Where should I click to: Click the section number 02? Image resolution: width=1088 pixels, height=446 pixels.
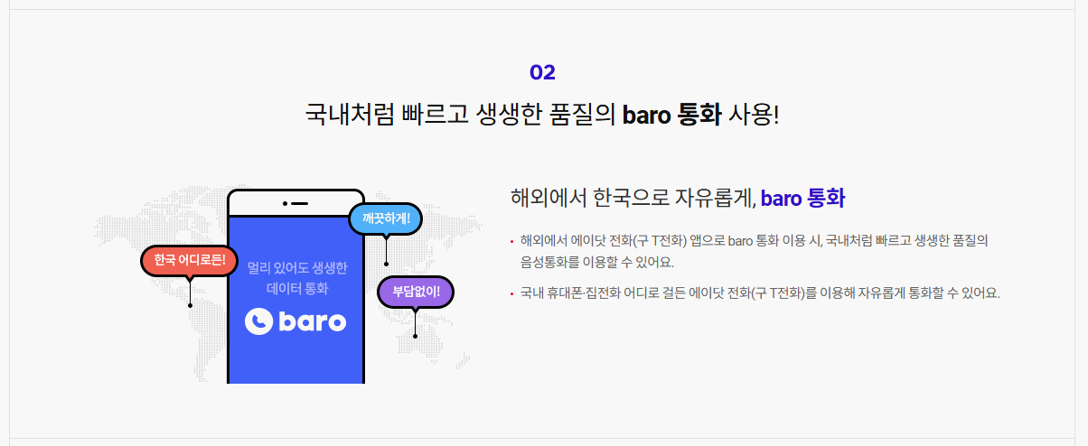pyautogui.click(x=542, y=72)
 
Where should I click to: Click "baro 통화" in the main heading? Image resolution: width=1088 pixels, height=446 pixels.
pyautogui.click(x=671, y=116)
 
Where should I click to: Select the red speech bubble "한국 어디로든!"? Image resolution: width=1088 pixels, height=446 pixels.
pyautogui.click(x=189, y=261)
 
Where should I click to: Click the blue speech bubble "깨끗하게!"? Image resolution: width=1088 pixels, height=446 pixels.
pyautogui.click(x=385, y=218)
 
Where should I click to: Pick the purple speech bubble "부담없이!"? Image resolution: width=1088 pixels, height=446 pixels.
pyautogui.click(x=415, y=292)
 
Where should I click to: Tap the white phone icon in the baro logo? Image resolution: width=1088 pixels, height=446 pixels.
pyautogui.click(x=258, y=321)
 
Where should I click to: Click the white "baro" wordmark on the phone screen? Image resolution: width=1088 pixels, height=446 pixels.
pyautogui.click(x=310, y=321)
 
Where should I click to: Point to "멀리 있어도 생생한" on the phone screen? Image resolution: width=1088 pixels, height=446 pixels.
pyautogui.click(x=296, y=268)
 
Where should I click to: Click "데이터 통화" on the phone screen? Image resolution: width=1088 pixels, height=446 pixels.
pyautogui.click(x=296, y=289)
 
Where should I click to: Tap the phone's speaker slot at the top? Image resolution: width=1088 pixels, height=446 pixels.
pyautogui.click(x=298, y=203)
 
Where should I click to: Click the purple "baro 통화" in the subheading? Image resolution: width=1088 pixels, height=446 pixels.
pyautogui.click(x=802, y=198)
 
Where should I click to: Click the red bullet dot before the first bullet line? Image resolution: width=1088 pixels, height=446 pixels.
pyautogui.click(x=511, y=241)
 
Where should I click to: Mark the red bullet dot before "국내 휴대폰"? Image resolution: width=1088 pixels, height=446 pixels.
pyautogui.click(x=511, y=293)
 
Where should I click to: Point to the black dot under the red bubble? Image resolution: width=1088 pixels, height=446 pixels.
pyautogui.click(x=190, y=305)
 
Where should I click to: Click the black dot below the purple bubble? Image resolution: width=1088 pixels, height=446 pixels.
pyautogui.click(x=415, y=336)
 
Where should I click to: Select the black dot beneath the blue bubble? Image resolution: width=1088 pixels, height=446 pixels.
pyautogui.click(x=386, y=264)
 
